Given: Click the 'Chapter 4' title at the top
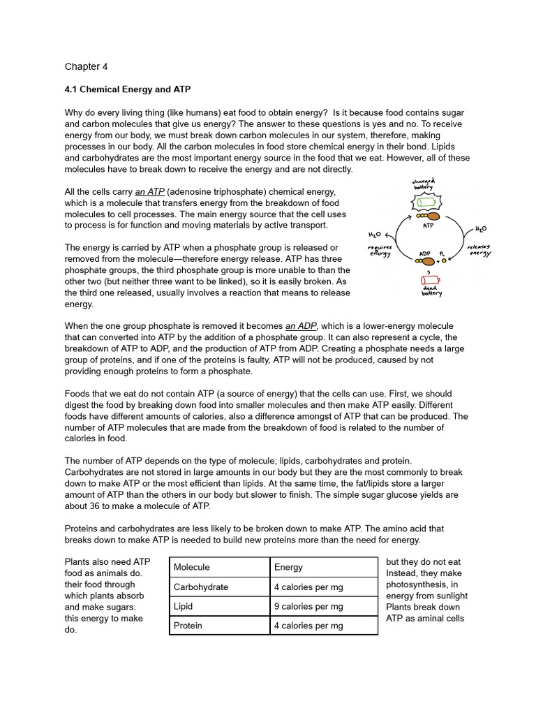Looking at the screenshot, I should point(86,67).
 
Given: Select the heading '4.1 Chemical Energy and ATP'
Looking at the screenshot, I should point(127,90).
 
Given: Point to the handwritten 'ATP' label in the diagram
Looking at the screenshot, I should point(429,226).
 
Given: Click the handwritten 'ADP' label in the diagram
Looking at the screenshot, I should point(424,254).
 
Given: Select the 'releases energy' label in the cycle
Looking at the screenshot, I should point(479,251).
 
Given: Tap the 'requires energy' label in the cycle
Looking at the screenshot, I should point(380,251).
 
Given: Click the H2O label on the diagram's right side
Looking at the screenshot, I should point(481,229).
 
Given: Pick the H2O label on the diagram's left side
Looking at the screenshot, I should point(375,235).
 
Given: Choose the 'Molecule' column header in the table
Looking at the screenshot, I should point(191,568).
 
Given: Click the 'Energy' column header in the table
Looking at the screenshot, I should point(288,568).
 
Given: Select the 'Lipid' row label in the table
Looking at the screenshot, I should point(183,606).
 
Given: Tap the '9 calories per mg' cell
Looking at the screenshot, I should point(308,606).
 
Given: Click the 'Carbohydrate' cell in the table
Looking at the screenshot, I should point(200,587).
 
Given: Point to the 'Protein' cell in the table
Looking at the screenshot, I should point(188,626).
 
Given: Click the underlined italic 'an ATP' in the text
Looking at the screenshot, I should point(150,192).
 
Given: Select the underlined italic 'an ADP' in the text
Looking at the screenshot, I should point(301,326).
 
